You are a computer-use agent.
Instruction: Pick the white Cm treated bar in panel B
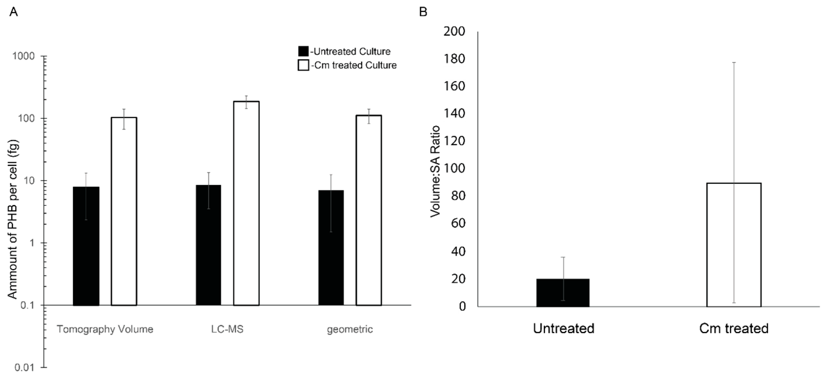point(734,245)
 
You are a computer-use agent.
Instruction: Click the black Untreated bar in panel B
point(563,293)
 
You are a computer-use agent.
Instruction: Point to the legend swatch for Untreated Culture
point(303,51)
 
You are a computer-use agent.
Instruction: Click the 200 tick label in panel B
point(454,31)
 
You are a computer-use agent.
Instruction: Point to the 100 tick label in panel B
point(454,169)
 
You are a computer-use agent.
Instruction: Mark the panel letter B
point(423,12)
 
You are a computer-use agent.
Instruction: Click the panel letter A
point(13,12)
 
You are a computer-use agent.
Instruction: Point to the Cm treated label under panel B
point(734,328)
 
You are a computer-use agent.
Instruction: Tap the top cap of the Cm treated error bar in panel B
point(734,62)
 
